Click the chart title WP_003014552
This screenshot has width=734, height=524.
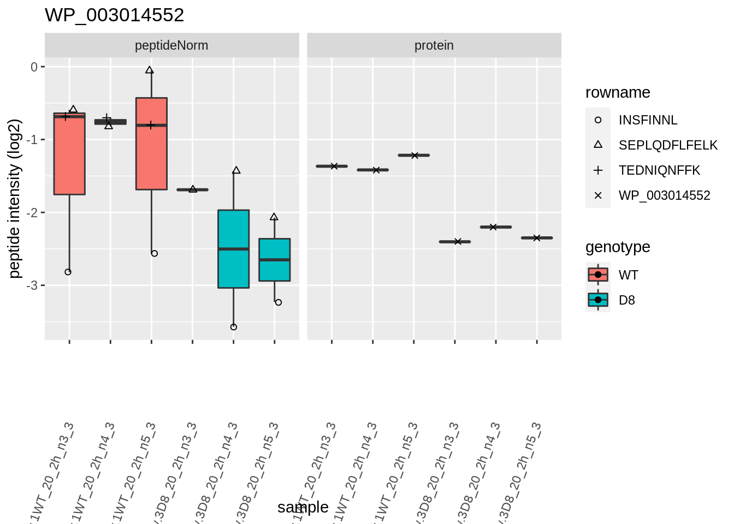click(114, 15)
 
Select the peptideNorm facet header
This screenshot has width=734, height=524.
click(171, 45)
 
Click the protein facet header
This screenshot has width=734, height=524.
click(434, 45)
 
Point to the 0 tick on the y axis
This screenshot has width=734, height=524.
click(34, 67)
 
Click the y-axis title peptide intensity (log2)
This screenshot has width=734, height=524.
click(15, 199)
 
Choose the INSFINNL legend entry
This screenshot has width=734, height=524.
click(647, 120)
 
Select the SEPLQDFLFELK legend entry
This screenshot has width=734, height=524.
click(667, 145)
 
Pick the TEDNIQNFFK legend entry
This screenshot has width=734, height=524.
click(659, 170)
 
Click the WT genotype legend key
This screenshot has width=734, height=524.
click(598, 275)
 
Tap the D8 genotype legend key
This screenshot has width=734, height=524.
click(598, 300)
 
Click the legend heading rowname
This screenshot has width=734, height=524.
click(617, 93)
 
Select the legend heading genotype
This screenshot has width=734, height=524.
click(617, 247)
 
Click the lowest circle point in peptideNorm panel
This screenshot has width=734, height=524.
click(234, 327)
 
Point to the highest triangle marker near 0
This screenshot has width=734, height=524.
click(150, 70)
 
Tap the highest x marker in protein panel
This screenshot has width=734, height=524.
click(415, 156)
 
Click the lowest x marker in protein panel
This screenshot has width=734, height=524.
click(458, 241)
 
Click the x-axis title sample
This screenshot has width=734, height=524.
click(303, 508)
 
